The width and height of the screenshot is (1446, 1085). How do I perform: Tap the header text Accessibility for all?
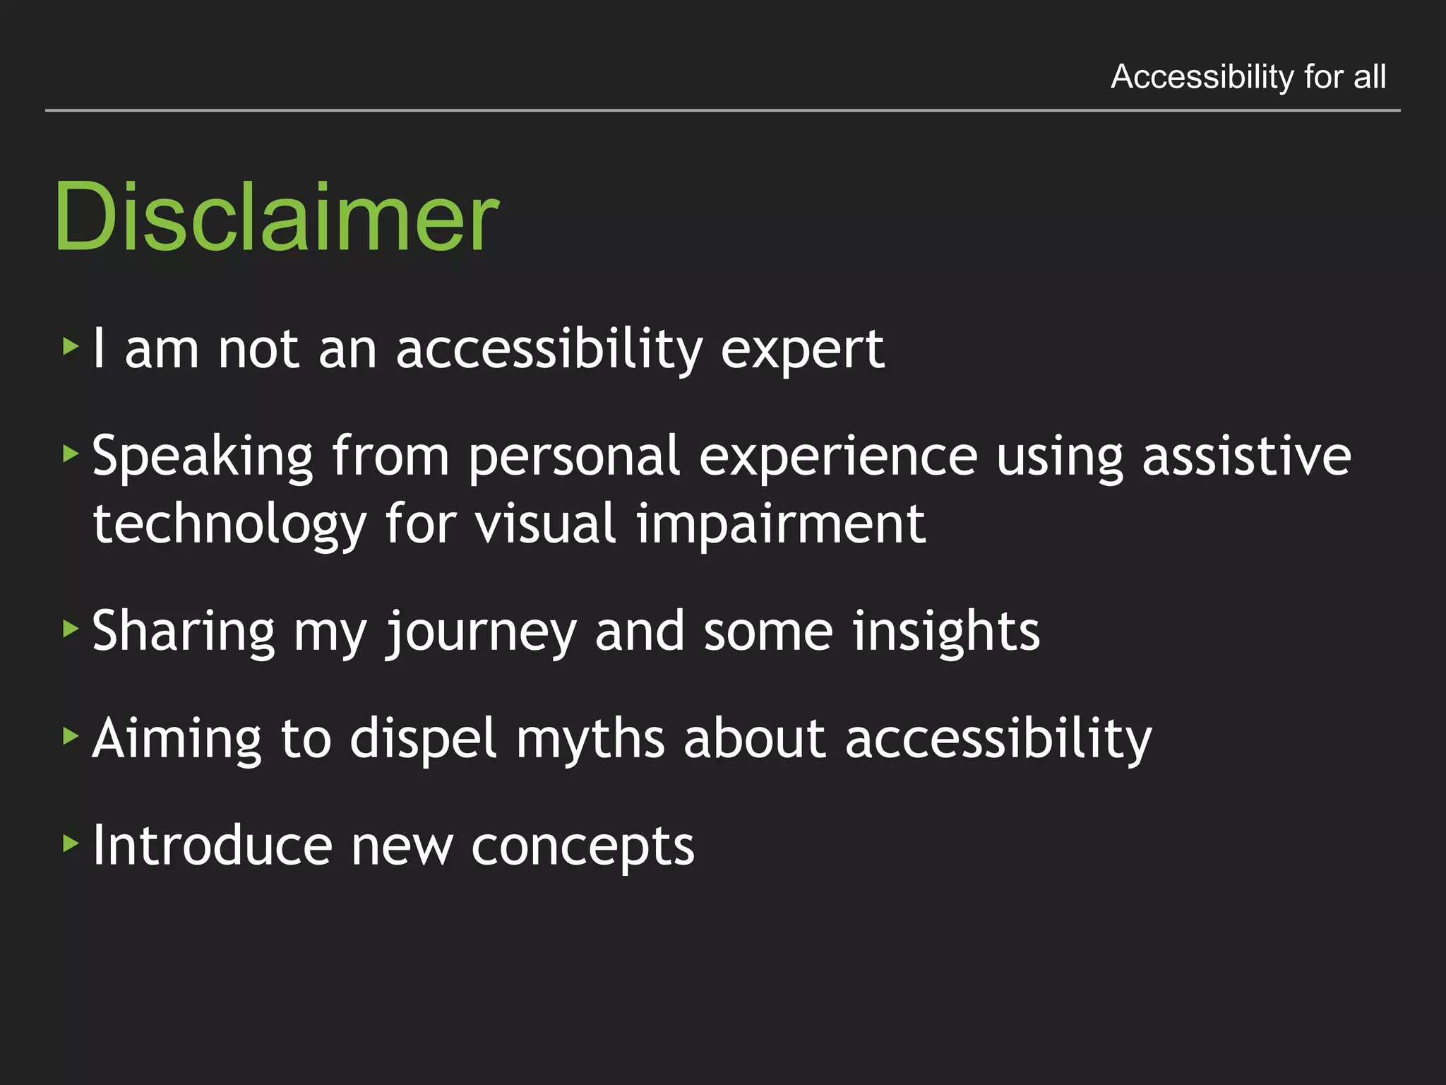[x=1248, y=76]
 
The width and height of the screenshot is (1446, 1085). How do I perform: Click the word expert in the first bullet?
[x=802, y=350]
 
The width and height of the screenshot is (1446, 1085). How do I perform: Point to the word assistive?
[x=1246, y=456]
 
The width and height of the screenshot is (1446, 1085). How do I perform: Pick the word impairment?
[x=780, y=524]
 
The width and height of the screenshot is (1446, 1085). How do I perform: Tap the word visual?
[x=546, y=524]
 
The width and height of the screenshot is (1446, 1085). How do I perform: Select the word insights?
[x=945, y=632]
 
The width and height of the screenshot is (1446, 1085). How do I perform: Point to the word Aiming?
[x=177, y=739]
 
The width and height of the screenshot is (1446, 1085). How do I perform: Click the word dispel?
[x=424, y=739]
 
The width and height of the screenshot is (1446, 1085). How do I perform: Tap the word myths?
[x=590, y=739]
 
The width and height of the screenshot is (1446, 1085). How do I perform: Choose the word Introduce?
[x=213, y=846]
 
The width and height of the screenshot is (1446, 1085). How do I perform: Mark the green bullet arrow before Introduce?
[x=70, y=843]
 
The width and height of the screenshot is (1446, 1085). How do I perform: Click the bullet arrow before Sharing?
[x=70, y=628]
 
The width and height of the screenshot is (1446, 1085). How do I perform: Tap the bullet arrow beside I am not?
[x=70, y=346]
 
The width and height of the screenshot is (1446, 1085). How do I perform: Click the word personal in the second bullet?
[x=573, y=457]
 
